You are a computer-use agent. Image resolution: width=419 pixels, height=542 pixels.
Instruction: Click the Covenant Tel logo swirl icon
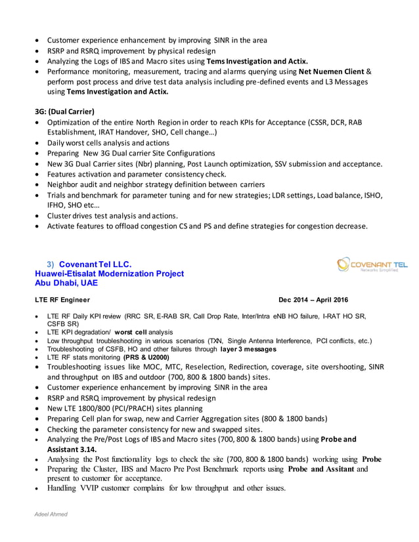(x=343, y=264)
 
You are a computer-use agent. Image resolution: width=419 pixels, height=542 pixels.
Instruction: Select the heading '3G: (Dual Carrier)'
(x=64, y=110)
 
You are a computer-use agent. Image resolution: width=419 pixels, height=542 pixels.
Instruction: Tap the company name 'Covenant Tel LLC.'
(x=96, y=264)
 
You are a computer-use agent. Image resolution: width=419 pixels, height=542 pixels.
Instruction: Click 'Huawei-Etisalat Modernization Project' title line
(x=109, y=274)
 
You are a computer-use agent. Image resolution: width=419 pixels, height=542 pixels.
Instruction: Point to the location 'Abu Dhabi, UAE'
(x=66, y=283)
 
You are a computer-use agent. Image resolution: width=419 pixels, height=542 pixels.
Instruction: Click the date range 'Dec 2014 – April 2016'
(x=313, y=300)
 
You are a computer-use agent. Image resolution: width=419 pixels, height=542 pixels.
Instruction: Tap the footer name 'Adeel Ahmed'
(x=52, y=514)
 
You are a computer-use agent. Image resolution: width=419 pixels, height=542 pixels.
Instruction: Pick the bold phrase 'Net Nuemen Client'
(x=331, y=71)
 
